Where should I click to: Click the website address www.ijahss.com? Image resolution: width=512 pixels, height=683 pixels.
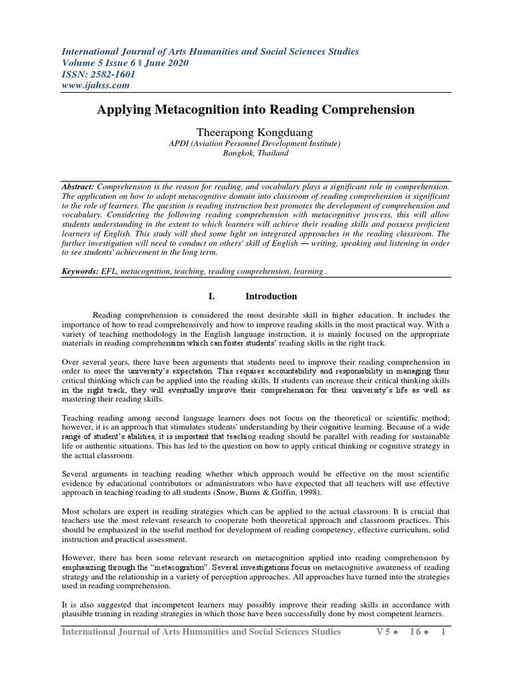click(96, 85)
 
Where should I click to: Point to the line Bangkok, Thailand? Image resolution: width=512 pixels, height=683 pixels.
click(255, 153)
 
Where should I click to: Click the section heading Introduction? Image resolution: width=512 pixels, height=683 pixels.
click(271, 296)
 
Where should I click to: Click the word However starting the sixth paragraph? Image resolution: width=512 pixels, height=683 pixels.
click(79, 556)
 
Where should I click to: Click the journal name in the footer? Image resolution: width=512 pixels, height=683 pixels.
click(201, 632)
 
